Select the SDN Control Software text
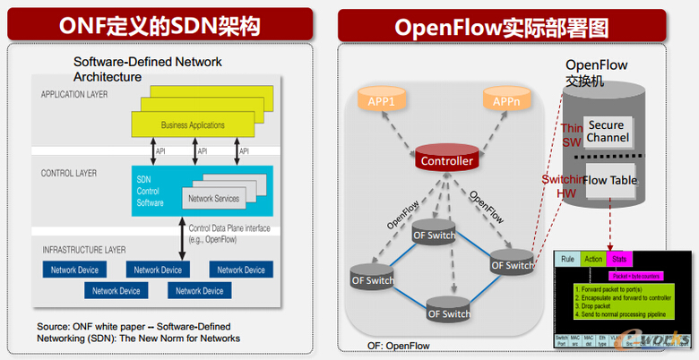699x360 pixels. (151, 191)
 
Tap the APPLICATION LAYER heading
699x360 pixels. (75, 93)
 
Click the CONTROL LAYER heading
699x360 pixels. (68, 172)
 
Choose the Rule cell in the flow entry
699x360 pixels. (567, 260)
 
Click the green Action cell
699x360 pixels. (593, 260)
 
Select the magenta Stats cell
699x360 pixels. (619, 260)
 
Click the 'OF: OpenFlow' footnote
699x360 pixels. (398, 345)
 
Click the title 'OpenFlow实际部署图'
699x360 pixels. (502, 27)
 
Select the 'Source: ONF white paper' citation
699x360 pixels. (138, 331)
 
